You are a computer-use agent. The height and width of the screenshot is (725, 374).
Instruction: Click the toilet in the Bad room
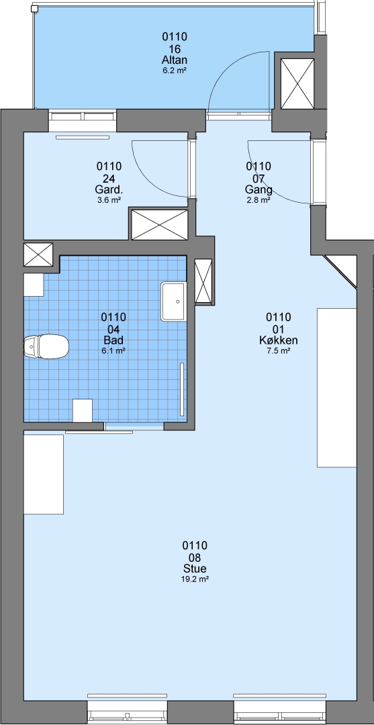pos(46,346)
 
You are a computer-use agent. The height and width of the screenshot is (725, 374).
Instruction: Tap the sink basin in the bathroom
pos(174,301)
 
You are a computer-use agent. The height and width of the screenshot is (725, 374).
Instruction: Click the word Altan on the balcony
pos(175,60)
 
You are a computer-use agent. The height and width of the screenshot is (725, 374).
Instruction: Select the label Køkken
pos(278,341)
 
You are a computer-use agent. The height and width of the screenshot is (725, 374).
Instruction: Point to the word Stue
pos(195,569)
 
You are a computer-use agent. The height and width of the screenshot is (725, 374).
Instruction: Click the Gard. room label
pos(109,190)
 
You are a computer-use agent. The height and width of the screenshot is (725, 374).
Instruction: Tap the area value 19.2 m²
pos(195,579)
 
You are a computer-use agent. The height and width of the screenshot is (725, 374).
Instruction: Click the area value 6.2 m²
pos(175,70)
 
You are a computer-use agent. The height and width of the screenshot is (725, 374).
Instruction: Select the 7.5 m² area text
pos(278,351)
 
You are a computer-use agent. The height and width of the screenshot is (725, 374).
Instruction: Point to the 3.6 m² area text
pos(109,200)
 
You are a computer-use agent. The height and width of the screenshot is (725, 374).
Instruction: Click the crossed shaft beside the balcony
pos(297,84)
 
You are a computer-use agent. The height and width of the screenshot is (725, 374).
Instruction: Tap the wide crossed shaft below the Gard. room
pos(160,225)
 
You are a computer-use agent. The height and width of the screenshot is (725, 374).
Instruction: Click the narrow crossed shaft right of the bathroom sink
pos(203,281)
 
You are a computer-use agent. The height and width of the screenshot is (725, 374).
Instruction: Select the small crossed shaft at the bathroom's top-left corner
pos(38,254)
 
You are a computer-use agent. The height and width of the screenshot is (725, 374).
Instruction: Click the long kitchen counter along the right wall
pos(336,387)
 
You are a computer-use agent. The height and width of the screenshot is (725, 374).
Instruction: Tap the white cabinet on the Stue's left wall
pos(44,474)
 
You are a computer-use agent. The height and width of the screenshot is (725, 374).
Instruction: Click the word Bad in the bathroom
pos(113,341)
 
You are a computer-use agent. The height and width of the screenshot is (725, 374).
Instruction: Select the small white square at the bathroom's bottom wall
pos(83,411)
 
